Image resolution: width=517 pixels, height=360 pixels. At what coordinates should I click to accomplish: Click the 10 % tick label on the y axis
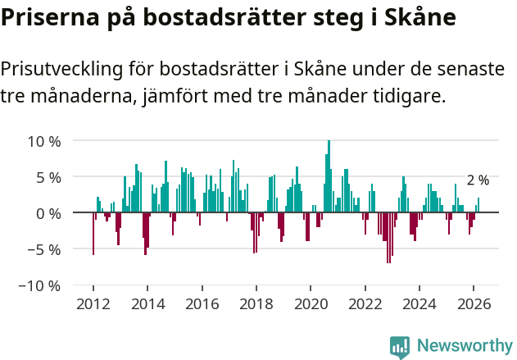44,141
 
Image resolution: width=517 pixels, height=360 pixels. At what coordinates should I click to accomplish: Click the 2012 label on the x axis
93,304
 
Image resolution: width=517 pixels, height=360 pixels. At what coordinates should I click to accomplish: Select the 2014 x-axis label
147,304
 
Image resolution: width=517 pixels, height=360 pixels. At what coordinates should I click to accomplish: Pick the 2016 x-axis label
202,304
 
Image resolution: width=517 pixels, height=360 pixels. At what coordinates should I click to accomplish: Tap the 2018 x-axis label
256,304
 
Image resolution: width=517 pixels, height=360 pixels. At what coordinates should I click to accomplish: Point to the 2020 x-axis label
311,304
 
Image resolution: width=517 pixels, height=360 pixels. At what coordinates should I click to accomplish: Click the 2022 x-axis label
365,304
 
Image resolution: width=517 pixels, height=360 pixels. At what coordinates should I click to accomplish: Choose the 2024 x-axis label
419,304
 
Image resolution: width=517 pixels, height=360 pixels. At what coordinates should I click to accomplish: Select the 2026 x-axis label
474,304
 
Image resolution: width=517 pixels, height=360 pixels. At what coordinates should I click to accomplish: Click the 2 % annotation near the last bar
478,180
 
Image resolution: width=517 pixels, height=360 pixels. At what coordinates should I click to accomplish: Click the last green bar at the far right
478,206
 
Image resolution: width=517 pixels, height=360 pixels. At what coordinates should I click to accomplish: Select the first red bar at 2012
93,234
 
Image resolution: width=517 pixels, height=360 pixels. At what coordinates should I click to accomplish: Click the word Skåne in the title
410,18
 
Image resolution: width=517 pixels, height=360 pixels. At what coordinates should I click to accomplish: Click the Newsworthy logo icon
400,347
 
